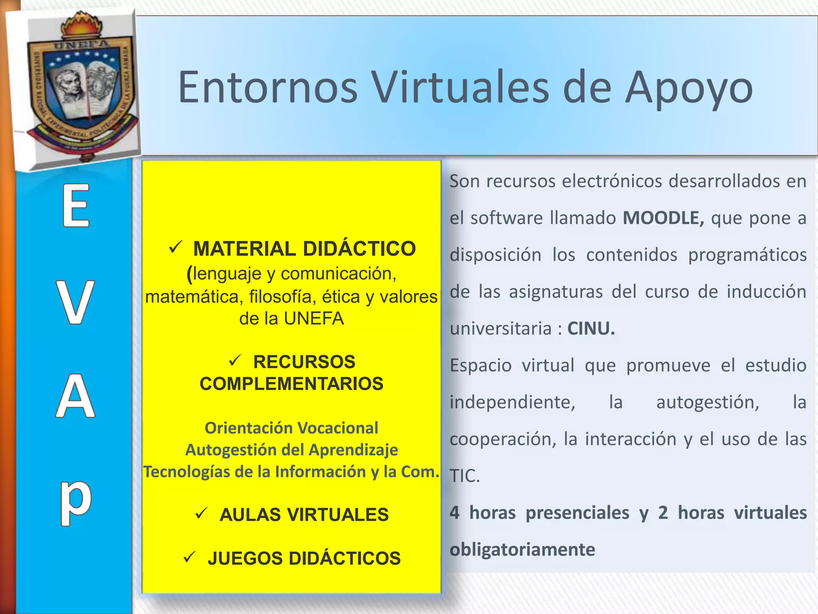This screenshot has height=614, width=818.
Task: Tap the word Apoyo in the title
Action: [689, 90]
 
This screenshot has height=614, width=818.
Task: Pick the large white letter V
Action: [75, 302]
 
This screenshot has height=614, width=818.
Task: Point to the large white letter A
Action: [75, 396]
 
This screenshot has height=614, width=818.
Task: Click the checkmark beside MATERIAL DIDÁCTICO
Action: [176, 247]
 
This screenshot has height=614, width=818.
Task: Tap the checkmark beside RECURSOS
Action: [235, 361]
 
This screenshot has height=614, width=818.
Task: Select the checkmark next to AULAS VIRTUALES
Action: [201, 513]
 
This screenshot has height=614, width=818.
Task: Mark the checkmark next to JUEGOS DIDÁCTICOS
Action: [189, 557]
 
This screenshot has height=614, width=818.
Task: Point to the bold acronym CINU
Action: [591, 329]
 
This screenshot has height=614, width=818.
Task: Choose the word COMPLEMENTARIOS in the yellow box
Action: [292, 384]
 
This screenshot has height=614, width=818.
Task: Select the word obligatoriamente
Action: [522, 550]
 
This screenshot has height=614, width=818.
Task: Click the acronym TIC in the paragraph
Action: [464, 476]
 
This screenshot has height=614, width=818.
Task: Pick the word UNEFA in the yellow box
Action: [314, 319]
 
